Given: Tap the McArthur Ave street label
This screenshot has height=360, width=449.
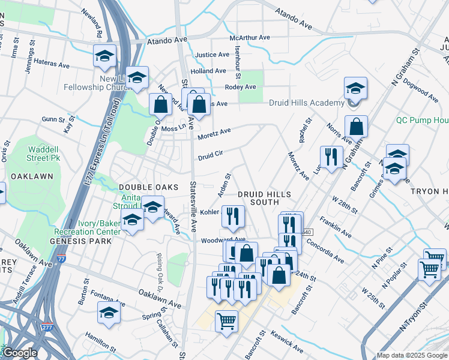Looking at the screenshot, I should tap(252, 38).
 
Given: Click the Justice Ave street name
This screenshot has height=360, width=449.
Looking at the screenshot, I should tap(212, 55).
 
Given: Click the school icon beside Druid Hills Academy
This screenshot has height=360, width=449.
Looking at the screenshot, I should tap(355, 89).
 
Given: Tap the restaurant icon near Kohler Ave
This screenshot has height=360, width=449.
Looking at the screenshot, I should tap(233, 217).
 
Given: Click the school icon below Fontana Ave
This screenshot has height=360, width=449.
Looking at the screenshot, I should tap(109, 313).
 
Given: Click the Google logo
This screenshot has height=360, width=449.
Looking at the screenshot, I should tap(20, 353).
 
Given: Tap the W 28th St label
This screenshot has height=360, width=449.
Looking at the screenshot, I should tap(346, 205).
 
